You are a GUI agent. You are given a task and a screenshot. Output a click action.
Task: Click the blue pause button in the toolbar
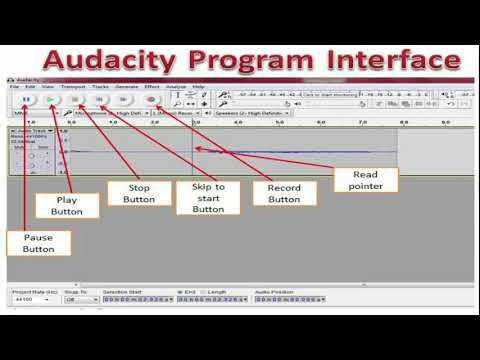coord(27,100)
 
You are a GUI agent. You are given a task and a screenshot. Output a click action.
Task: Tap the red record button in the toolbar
coord(152,100)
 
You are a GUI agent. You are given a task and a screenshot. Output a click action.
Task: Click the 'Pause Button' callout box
coord(38,242)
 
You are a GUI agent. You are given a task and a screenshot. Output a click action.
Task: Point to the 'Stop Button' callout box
coord(139,193)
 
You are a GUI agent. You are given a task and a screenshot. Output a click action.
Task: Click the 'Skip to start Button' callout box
coord(208,198)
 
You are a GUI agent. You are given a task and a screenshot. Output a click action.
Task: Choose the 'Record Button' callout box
coord(284,193)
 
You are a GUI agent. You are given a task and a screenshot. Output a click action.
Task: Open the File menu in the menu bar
coord(15,87)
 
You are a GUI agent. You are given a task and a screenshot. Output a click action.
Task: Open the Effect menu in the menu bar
coord(152,87)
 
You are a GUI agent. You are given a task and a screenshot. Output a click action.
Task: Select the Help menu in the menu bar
coord(198,87)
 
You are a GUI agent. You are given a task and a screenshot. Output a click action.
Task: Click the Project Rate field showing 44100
coord(30,299)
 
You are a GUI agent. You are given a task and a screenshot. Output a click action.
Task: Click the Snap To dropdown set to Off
coord(76,299)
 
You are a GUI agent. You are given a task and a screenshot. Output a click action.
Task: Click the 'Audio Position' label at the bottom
coord(274,291)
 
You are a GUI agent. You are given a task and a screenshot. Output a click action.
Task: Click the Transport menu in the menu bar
coord(73,87)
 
